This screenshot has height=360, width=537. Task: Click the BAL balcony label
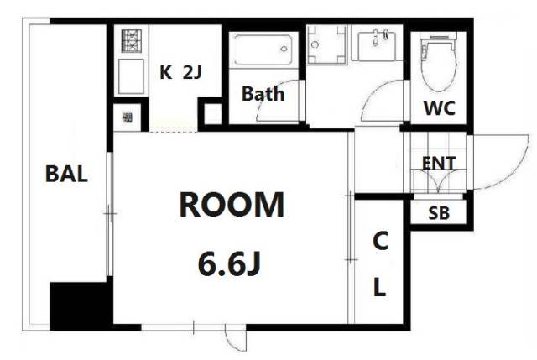pos(66,174)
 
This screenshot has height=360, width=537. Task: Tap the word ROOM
pos(232,205)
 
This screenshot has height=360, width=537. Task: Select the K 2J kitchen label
pos(181,72)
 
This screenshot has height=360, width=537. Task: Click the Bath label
pos(263,93)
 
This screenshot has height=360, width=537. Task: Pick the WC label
pos(440,107)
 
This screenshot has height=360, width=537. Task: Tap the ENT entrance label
pos(439,163)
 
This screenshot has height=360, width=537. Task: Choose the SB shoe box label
pos(439,213)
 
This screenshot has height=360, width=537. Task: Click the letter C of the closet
pos(380,241)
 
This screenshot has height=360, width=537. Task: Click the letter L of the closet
pos(379,287)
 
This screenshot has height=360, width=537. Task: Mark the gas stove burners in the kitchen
pos(132,40)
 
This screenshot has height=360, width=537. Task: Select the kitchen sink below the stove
pos(131,76)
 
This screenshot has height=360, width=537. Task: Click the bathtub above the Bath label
pos(263,50)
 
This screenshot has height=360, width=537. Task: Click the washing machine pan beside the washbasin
pos(327,44)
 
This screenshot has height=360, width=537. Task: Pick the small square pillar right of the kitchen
pos(212,114)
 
